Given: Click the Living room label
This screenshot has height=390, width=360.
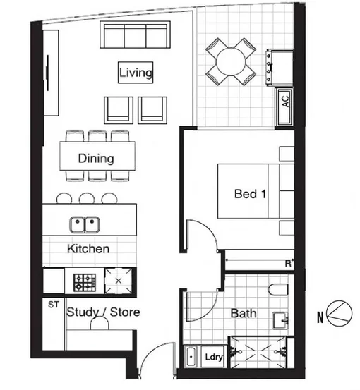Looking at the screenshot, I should click(136, 73).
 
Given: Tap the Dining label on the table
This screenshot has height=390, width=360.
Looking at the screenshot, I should click(97, 158).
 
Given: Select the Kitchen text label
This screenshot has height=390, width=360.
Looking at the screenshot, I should click(88, 249).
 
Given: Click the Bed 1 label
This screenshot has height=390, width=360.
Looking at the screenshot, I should click(250, 193).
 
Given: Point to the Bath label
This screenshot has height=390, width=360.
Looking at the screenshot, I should click(244, 313).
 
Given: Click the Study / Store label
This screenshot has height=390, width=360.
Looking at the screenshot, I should click(103, 312).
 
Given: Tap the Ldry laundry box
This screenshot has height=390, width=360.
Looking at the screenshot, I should click(213, 358).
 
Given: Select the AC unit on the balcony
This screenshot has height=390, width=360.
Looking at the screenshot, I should click(285, 102).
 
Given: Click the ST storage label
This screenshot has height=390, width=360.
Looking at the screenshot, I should click(52, 305).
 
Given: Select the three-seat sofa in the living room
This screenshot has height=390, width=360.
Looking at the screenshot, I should click(136, 35).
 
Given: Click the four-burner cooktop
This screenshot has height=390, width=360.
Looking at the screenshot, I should click(84, 282).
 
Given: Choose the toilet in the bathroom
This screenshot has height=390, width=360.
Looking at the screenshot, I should click(278, 289).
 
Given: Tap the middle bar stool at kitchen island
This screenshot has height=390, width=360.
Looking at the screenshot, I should click(87, 198).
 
